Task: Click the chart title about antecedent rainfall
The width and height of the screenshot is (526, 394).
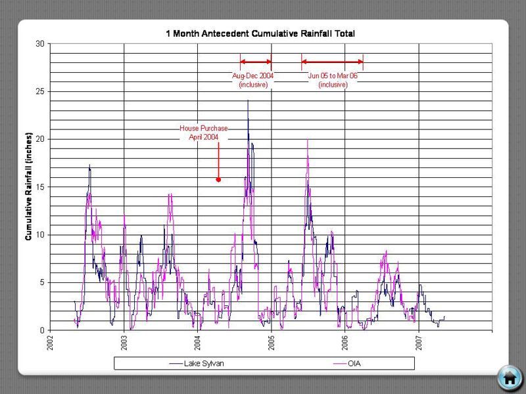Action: point(260,33)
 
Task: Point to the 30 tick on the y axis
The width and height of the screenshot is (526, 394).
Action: point(40,44)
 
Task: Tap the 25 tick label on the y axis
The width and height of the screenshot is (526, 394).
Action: point(40,91)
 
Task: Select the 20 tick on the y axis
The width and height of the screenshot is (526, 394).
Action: point(40,139)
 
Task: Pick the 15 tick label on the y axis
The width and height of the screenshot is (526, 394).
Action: point(40,187)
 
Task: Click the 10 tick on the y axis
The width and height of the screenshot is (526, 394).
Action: point(40,235)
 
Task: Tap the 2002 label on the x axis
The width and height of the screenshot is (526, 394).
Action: point(51,342)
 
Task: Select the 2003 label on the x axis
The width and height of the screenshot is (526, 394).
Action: point(124,342)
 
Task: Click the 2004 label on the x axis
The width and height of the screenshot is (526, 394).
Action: point(198,342)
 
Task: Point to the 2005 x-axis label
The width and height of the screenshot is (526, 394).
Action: point(272,342)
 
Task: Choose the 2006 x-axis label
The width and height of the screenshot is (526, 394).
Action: point(345,342)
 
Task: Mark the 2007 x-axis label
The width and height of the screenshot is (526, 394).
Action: point(419,342)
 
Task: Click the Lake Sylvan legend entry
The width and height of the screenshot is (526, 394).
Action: point(197,363)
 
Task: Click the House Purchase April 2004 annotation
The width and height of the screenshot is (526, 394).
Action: point(204,133)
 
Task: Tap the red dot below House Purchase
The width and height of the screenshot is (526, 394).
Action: point(218,179)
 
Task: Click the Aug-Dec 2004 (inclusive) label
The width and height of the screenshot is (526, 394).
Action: point(253,80)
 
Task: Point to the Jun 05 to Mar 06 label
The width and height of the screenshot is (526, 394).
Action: point(333,80)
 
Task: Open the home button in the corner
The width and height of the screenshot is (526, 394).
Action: point(509,377)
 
